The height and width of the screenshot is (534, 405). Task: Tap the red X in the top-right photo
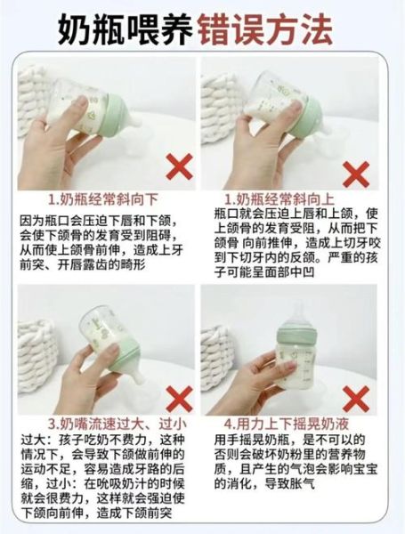[356, 171]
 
